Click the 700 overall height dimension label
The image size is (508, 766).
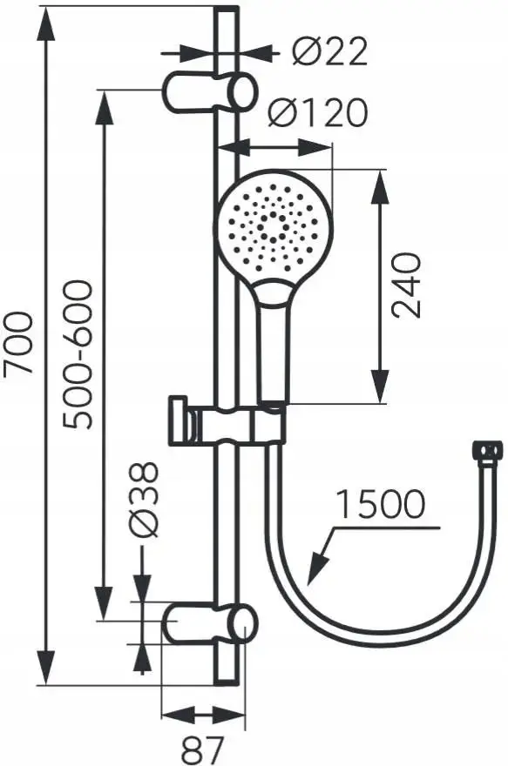pos(19,343)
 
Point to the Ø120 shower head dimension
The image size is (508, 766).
pos(316,112)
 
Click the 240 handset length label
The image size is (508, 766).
pos(406,286)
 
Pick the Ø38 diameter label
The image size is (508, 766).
pos(146,499)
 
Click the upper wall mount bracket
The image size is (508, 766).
pos(209,91)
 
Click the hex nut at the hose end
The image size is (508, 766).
pos(487,452)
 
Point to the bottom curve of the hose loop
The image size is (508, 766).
pos(366,641)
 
